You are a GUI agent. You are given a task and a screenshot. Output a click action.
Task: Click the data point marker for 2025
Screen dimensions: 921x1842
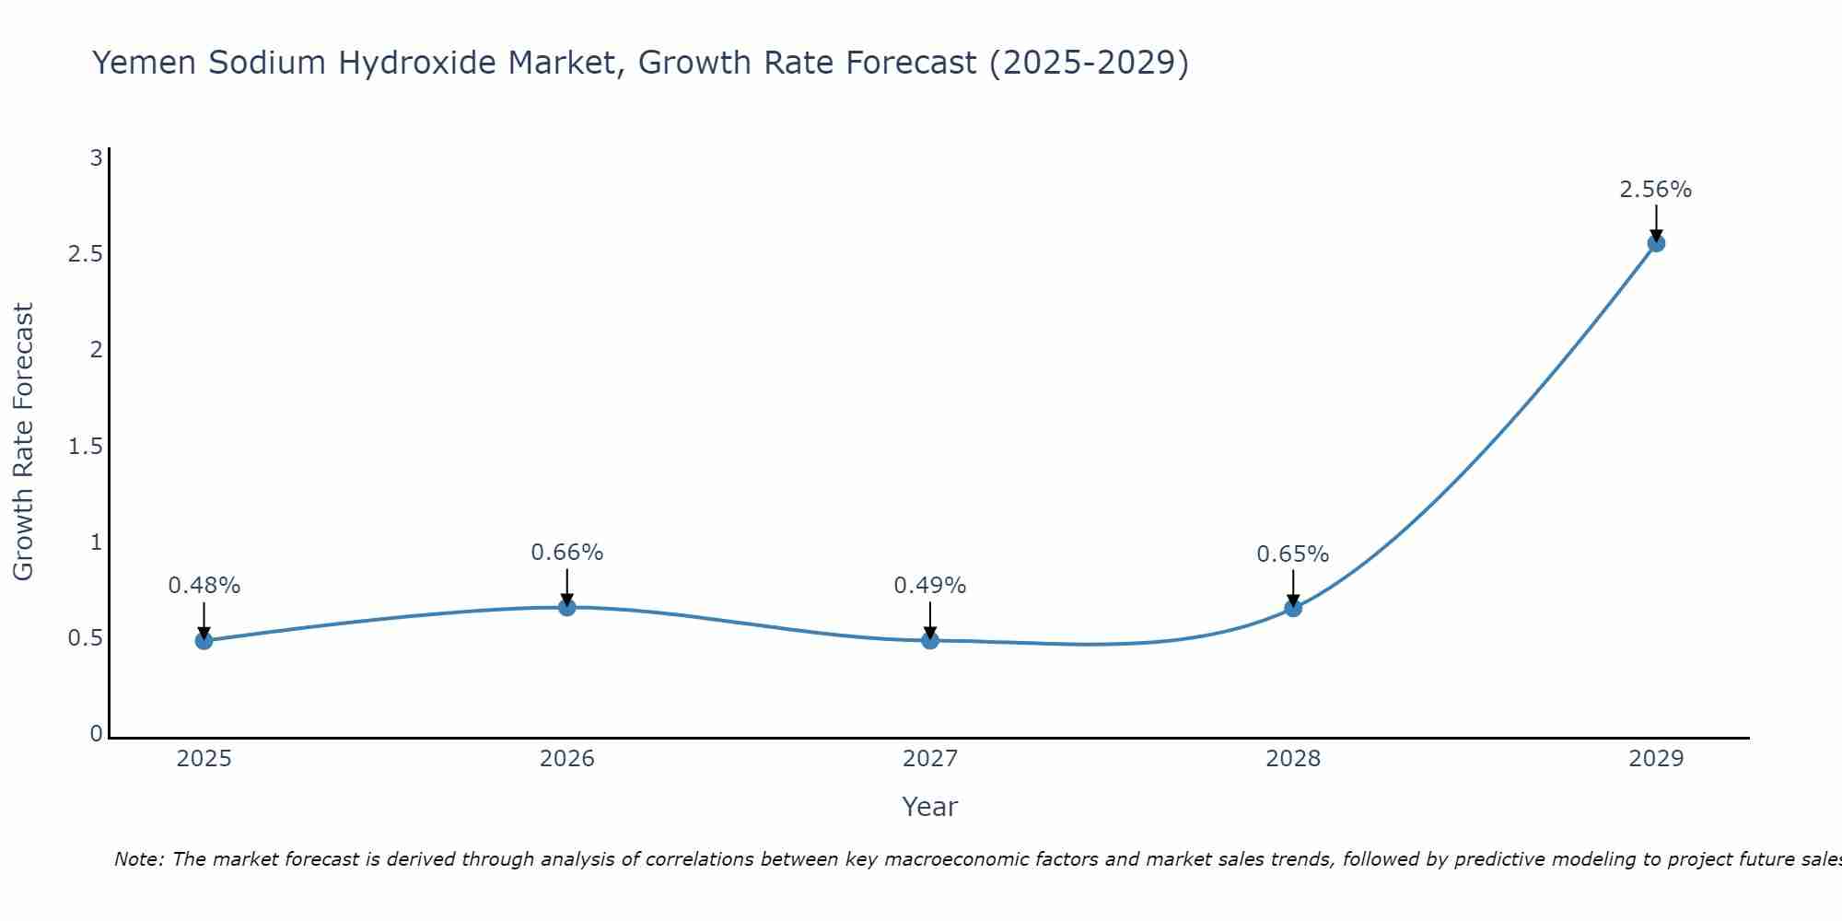point(204,640)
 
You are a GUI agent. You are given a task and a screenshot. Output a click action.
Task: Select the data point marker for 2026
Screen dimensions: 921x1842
point(566,607)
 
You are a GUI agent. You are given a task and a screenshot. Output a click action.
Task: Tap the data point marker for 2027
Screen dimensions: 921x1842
point(930,639)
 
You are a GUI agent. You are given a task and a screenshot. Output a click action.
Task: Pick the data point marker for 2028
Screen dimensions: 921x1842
point(1293,608)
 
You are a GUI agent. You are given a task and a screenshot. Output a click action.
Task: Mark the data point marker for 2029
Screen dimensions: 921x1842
point(1656,243)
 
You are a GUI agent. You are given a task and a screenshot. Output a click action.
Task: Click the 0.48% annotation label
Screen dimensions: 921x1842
point(204,586)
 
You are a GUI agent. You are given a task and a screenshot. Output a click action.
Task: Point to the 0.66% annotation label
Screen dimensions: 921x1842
point(566,553)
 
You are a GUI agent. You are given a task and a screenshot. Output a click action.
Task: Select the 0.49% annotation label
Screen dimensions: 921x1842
point(930,586)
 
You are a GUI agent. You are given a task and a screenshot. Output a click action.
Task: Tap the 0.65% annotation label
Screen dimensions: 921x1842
point(1293,554)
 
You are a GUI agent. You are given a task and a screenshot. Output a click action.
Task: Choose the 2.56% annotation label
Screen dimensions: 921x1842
point(1656,190)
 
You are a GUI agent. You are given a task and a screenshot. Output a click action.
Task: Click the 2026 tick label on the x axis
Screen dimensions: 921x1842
point(566,759)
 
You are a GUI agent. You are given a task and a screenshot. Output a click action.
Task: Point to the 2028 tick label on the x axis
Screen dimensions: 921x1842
point(1293,759)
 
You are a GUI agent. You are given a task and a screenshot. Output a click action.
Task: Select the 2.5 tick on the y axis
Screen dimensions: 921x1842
point(85,253)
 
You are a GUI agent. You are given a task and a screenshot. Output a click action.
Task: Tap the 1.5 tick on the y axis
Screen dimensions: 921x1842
point(85,447)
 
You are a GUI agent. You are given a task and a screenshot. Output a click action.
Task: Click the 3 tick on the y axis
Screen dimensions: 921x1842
point(96,157)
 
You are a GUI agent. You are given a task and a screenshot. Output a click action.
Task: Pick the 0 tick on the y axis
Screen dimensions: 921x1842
point(96,734)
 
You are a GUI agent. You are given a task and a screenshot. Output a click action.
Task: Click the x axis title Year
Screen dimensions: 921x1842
point(930,807)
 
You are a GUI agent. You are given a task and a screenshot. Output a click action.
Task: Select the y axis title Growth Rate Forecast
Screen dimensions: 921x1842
point(23,442)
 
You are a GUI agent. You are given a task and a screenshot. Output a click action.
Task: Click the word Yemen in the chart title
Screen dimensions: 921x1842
point(145,63)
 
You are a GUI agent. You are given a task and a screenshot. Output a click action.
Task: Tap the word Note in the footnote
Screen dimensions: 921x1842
point(138,859)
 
